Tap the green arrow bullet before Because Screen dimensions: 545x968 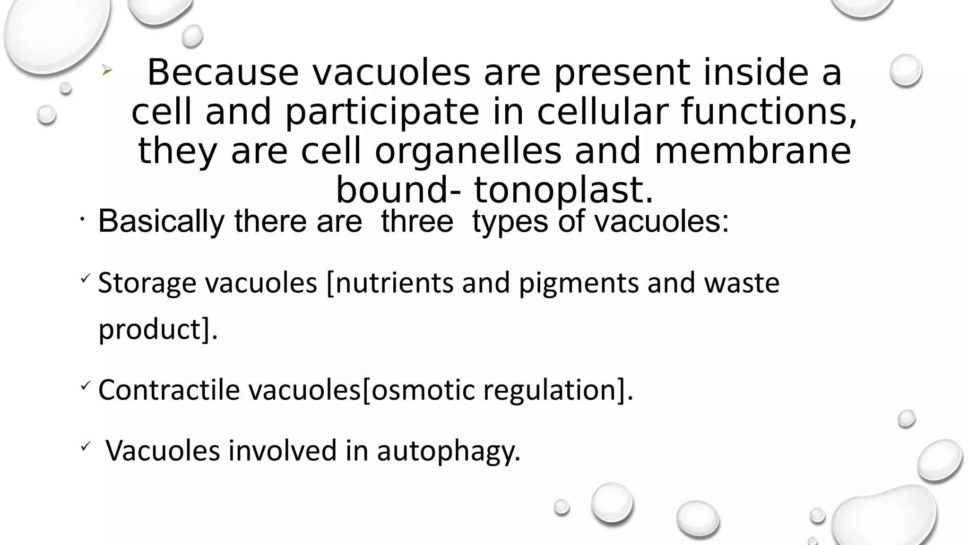point(107,71)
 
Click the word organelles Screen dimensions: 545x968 point(468,151)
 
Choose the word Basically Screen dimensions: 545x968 point(161,221)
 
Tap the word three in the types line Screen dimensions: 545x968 point(417,221)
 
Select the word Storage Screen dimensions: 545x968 point(147,283)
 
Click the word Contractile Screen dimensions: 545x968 point(169,390)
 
